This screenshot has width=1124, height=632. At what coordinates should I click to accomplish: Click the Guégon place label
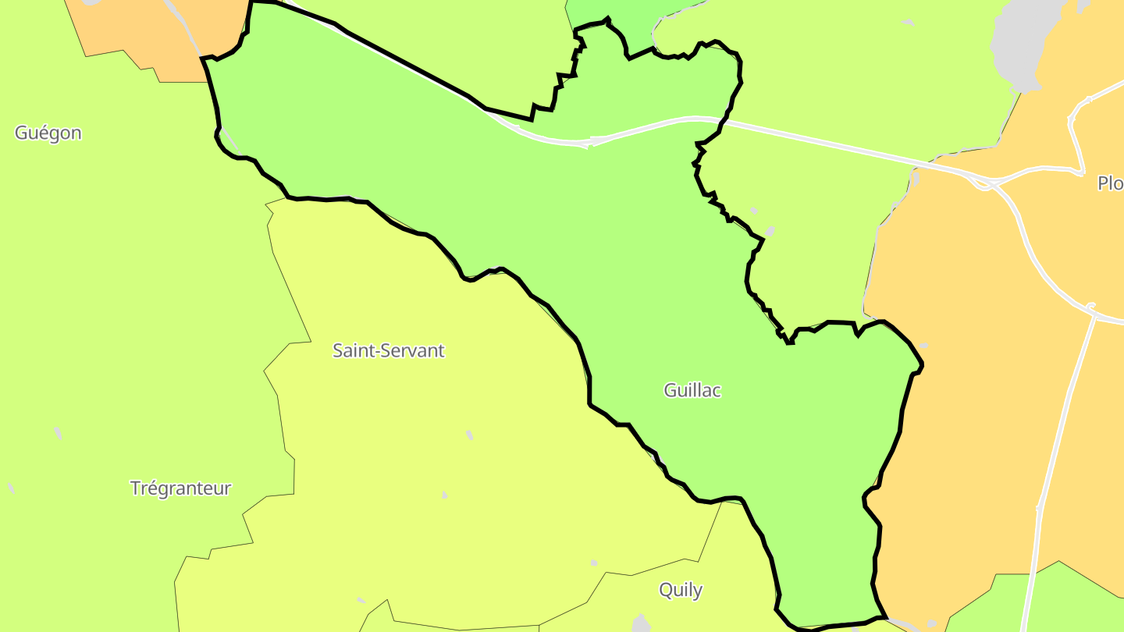pos(48,133)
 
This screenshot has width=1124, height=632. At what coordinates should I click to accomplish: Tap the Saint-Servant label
pos(388,350)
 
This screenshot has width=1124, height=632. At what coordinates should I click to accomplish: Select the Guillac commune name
pos(692,390)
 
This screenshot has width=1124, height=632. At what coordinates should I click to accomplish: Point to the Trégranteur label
pos(180,488)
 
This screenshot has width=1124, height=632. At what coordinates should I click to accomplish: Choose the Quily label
pos(681,590)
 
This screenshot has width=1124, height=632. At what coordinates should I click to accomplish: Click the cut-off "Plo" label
pos(1110,183)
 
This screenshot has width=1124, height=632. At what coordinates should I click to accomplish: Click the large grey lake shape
pos(1019,39)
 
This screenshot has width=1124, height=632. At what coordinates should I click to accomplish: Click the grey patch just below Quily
pos(641,623)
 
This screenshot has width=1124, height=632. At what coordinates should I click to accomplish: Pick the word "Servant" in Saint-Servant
pos(414,350)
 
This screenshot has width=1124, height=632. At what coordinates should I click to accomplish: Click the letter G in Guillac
pos(670,390)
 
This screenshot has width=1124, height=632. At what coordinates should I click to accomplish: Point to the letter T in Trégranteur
pos(135,488)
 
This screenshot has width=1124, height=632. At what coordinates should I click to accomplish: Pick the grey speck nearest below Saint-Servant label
pos(469,435)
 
